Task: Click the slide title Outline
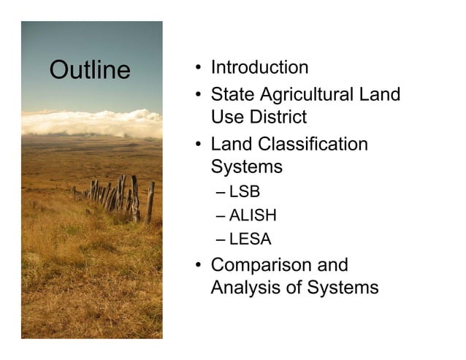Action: (x=89, y=71)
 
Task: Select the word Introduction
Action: (x=259, y=68)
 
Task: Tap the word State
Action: (x=233, y=94)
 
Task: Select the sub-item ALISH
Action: (x=253, y=215)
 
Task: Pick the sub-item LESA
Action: (x=250, y=238)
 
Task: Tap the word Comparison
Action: (x=279, y=266)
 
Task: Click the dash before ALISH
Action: (x=221, y=216)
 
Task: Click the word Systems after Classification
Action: (x=246, y=166)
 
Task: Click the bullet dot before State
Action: (x=198, y=96)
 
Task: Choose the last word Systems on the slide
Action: (x=342, y=288)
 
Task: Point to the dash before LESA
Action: (x=221, y=239)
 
